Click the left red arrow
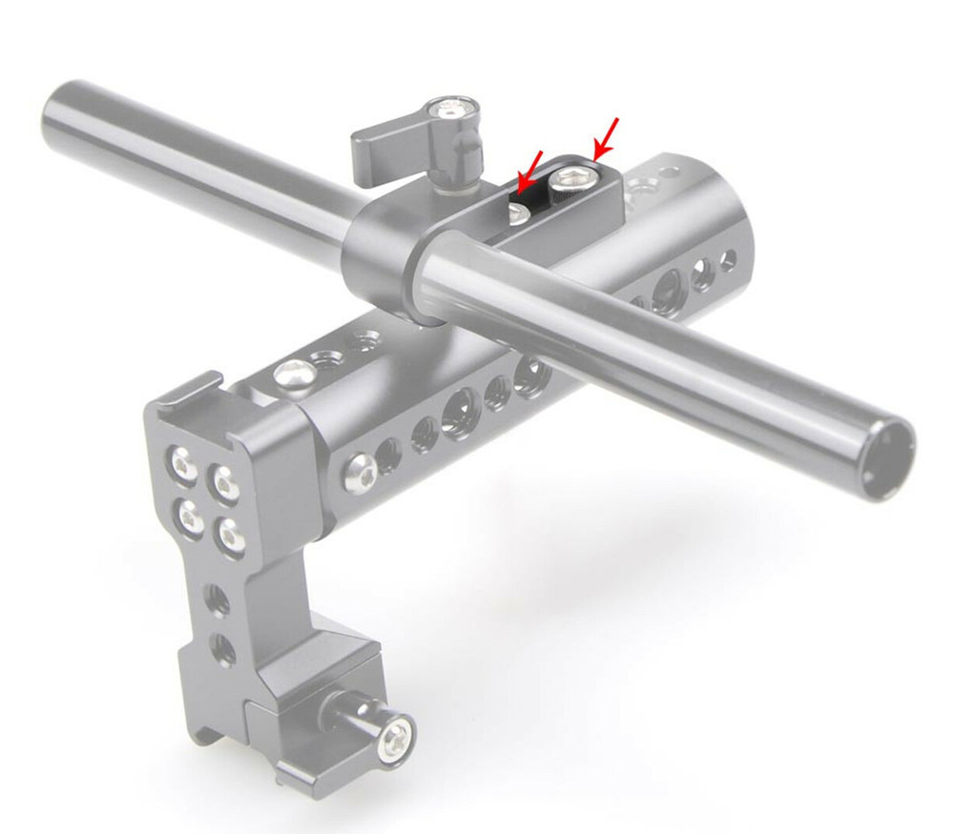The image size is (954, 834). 530,168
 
